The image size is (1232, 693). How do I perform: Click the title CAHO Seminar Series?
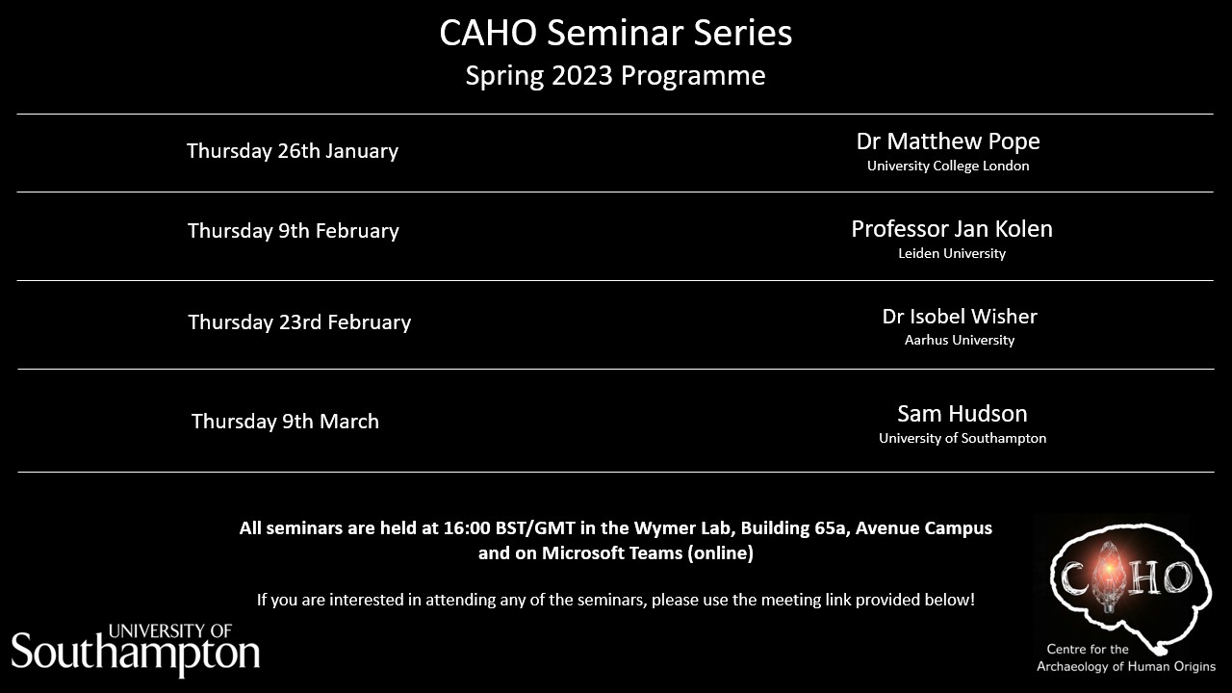(616, 34)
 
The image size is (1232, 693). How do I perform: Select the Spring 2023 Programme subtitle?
(616, 76)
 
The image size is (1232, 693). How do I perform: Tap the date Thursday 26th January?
(293, 151)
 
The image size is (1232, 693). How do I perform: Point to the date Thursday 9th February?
(294, 231)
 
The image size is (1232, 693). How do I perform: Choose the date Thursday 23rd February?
(299, 322)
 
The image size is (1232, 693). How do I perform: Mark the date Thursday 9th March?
(285, 422)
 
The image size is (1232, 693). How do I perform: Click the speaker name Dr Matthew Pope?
(948, 141)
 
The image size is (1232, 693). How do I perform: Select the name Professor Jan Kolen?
(952, 229)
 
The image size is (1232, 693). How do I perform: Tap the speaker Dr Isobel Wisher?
(960, 317)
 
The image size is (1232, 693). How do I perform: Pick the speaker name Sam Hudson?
(962, 414)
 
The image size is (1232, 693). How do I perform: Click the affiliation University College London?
(948, 166)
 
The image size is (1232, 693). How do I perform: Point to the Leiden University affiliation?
(952, 253)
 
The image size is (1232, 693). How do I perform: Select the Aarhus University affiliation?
(960, 340)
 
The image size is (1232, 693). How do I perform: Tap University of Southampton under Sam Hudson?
(962, 438)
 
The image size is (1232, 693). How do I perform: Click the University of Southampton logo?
(136, 649)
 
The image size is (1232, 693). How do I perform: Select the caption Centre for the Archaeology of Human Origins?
(1125, 658)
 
